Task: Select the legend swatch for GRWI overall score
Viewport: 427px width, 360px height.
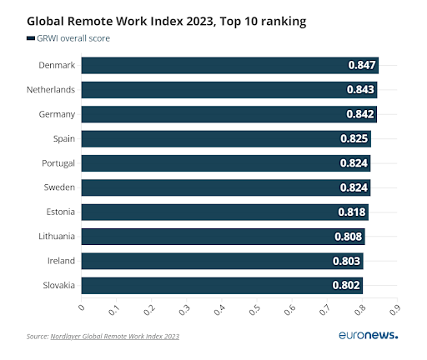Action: pos(30,38)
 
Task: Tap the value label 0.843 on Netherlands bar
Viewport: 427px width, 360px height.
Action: pos(361,90)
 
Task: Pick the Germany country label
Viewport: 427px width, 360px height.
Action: pos(57,114)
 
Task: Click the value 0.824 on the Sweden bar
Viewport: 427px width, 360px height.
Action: pos(354,188)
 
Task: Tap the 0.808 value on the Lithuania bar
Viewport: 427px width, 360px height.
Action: pos(349,237)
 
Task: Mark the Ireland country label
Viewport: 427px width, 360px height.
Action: pos(61,261)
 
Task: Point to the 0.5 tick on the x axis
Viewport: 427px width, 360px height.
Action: pos(254,311)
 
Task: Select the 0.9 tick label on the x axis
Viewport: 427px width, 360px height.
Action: pos(393,311)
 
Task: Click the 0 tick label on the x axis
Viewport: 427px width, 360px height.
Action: pos(82,308)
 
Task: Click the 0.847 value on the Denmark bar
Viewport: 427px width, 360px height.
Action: pos(363,66)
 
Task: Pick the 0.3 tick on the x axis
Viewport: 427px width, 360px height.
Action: pos(184,311)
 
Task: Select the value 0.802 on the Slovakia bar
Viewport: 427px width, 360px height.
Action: pos(346,286)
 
